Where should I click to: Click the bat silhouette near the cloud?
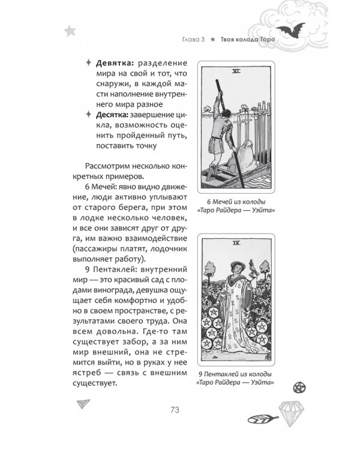[291, 30]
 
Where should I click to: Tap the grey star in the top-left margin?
[70, 31]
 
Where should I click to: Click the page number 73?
[175, 410]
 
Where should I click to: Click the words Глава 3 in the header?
[193, 40]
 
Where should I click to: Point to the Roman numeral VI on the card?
[236, 71]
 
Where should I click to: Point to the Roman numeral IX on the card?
[236, 243]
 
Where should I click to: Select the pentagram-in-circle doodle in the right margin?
[299, 388]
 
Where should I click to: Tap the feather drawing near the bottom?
[263, 419]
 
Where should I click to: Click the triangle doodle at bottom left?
[83, 404]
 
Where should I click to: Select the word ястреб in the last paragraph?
[87, 373]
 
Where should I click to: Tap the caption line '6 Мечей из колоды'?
[236, 202]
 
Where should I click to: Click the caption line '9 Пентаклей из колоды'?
[235, 374]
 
